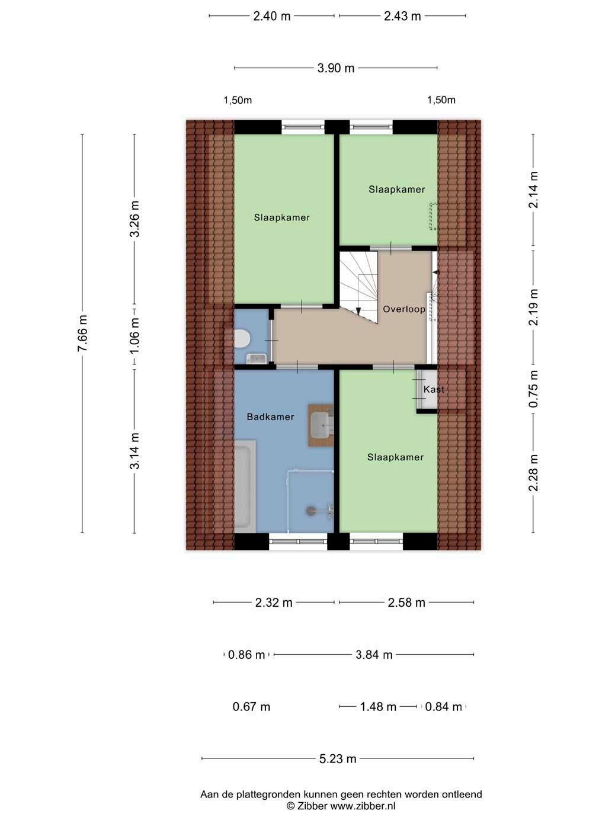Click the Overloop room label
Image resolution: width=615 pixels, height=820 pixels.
tap(404, 309)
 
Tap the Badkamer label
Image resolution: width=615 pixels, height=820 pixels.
tap(270, 417)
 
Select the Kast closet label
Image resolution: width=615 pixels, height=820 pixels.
tap(434, 389)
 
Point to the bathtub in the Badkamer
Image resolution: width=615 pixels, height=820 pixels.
tap(245, 486)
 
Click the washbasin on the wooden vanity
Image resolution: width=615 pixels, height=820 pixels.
tap(321, 425)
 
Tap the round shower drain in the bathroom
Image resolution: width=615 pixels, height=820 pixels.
tap(310, 511)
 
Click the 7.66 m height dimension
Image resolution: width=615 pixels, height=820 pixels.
tap(82, 333)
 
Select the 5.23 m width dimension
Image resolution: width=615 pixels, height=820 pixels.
tap(338, 759)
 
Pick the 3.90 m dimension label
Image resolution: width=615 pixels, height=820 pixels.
tap(336, 68)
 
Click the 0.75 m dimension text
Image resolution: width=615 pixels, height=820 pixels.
tap(533, 389)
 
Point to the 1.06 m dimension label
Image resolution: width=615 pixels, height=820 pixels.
tap(134, 336)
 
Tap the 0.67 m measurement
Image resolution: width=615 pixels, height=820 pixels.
tap(251, 707)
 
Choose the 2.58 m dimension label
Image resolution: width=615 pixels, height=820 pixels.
tap(406, 603)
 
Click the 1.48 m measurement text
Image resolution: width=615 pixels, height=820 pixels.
tap(378, 707)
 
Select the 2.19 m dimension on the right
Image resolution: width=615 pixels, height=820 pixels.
tap(533, 307)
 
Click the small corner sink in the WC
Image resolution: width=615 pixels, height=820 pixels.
tap(257, 358)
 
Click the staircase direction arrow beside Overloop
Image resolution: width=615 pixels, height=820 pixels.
tap(358, 310)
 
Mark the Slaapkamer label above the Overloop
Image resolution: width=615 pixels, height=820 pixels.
tap(396, 190)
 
